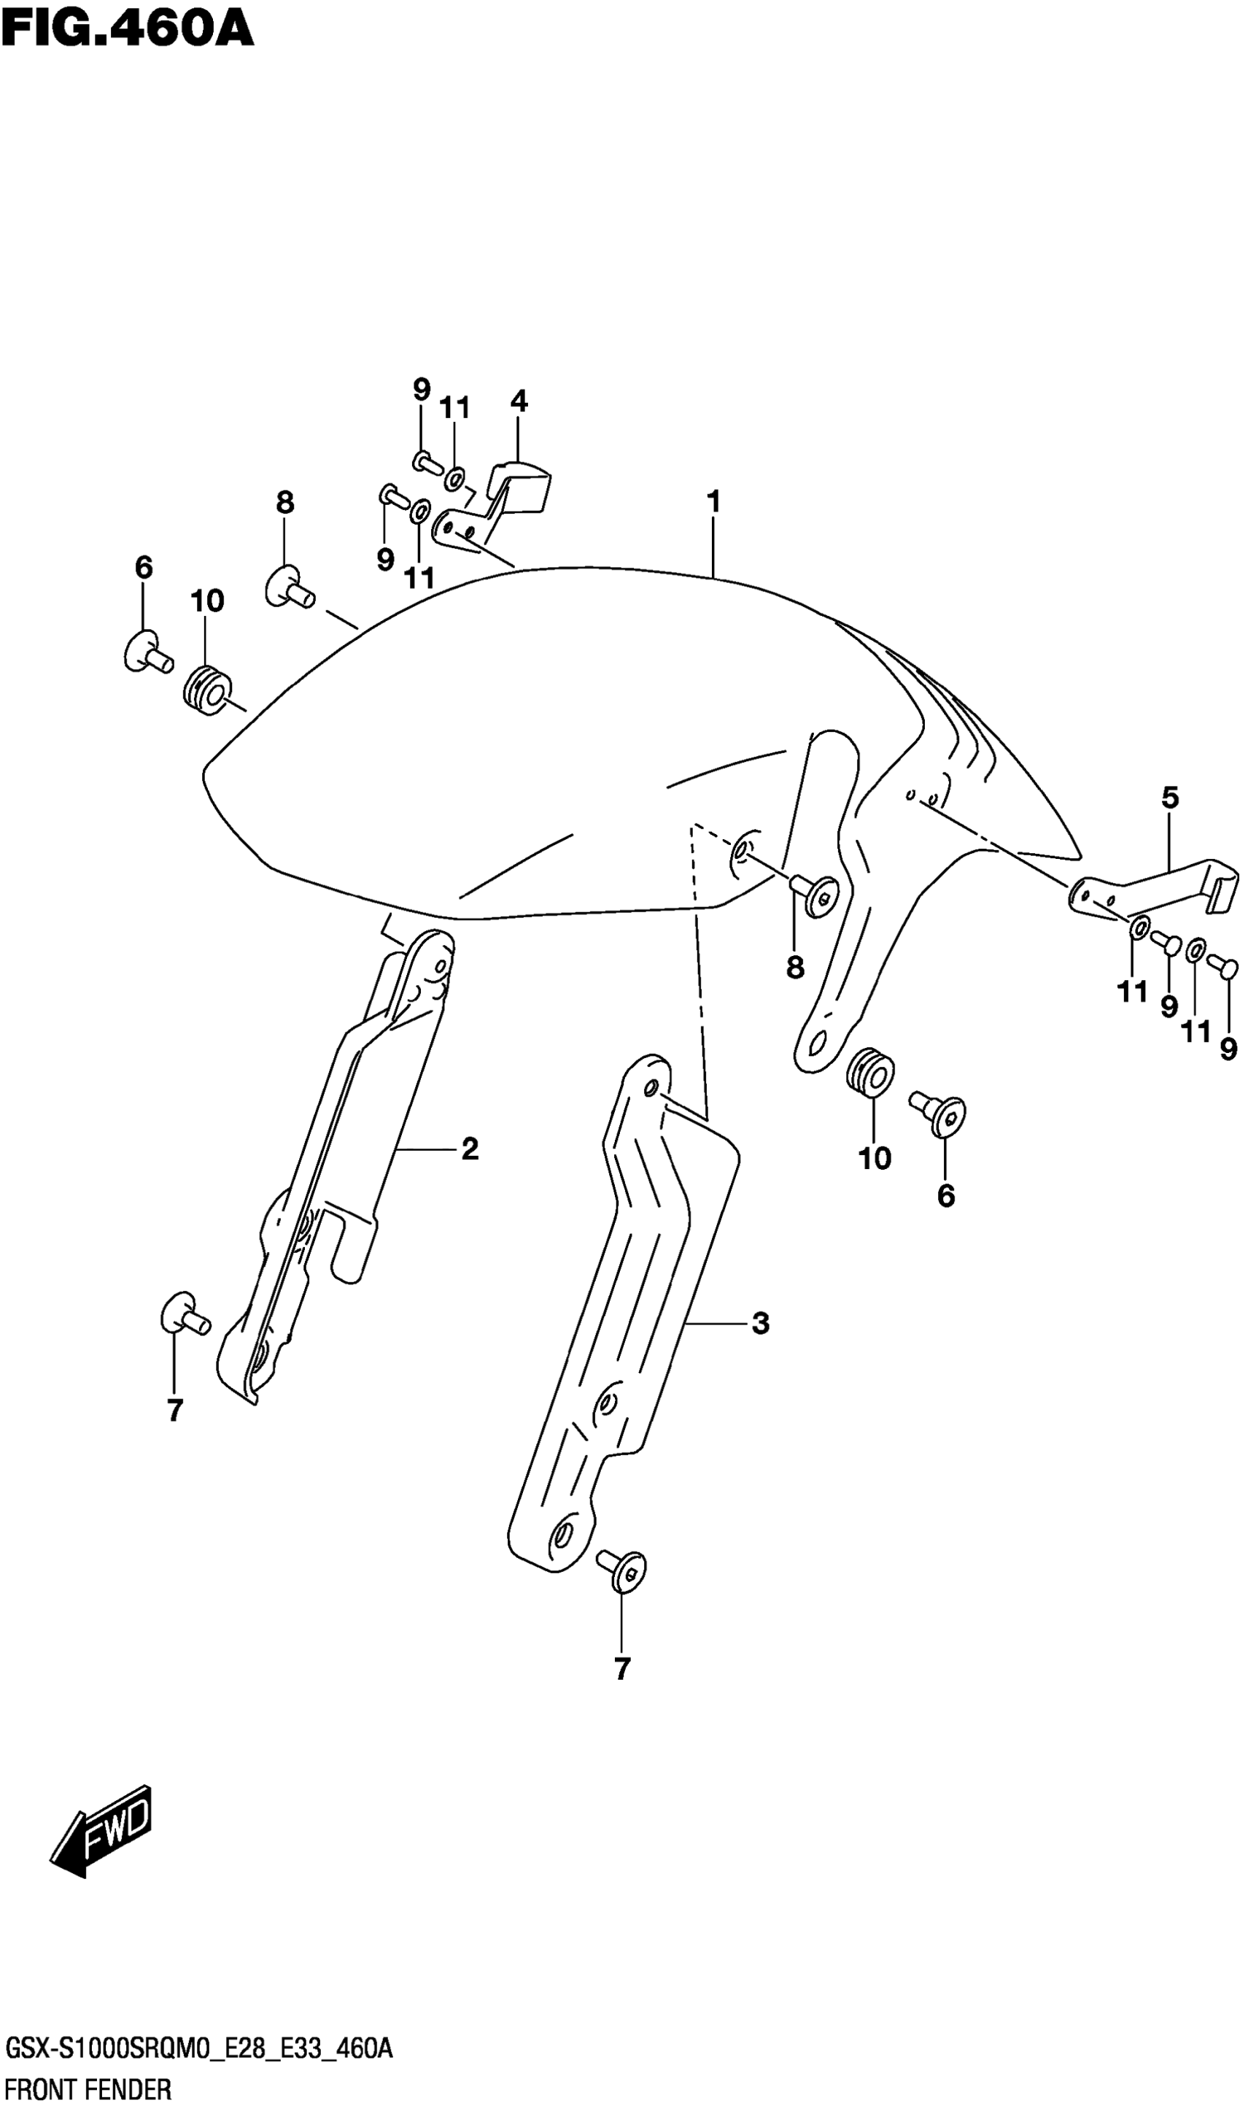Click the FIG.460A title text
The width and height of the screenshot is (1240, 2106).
click(x=127, y=29)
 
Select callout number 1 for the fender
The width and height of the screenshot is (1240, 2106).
click(x=713, y=502)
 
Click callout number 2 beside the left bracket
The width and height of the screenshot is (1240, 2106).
click(x=470, y=1150)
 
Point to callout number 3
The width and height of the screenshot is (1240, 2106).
click(x=759, y=1324)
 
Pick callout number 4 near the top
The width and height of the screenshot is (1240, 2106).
click(x=518, y=402)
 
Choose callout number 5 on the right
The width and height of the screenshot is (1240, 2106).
click(x=1170, y=798)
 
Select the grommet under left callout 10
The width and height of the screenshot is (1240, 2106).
click(x=205, y=691)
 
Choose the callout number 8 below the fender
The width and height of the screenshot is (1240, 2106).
click(x=794, y=967)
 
